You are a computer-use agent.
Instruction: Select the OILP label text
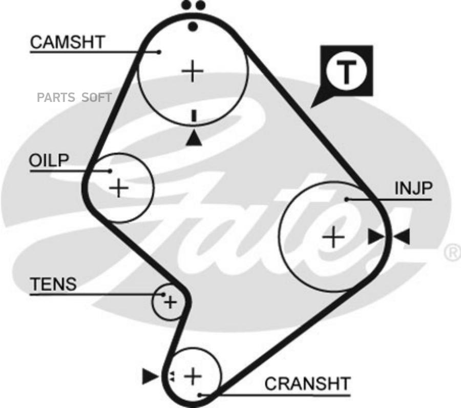(x=48, y=160)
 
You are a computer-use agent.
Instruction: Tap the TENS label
(x=53, y=284)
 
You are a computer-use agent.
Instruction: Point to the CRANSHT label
(x=307, y=383)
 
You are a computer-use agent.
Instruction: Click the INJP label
(x=413, y=189)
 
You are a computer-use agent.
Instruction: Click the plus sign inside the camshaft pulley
(x=193, y=71)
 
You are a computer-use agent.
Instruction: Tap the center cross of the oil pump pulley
(x=119, y=188)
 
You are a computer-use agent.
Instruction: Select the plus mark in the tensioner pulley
(x=170, y=302)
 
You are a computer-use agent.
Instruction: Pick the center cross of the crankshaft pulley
(x=193, y=376)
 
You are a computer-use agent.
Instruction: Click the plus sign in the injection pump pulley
(x=333, y=237)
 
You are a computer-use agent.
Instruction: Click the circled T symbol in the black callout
(x=347, y=72)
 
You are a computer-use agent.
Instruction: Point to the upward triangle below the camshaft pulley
(x=194, y=138)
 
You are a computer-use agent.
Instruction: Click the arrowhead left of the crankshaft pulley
(x=150, y=377)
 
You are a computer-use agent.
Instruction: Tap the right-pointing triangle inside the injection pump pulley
(x=376, y=237)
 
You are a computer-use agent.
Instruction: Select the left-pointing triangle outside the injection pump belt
(x=402, y=237)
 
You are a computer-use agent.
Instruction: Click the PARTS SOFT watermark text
(x=74, y=98)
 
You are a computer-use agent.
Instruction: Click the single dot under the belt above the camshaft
(x=193, y=26)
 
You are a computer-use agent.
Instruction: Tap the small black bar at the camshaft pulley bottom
(x=194, y=116)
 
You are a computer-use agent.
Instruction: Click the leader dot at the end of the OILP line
(x=110, y=171)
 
